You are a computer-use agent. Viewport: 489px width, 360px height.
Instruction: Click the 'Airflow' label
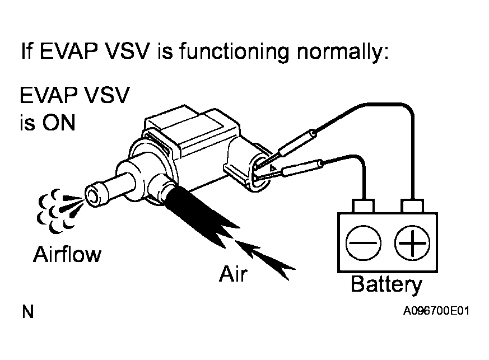67,255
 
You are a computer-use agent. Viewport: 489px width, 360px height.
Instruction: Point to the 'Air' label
233,275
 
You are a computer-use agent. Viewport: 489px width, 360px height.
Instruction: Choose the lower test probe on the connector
297,169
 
